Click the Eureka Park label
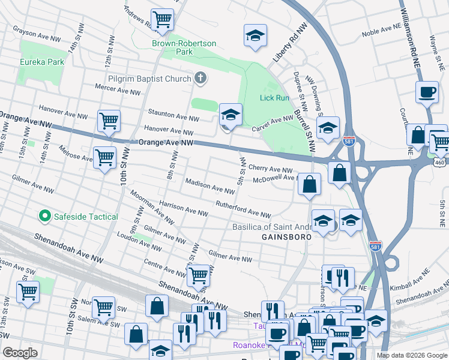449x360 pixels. click(x=41, y=62)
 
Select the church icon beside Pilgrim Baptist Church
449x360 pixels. click(x=200, y=78)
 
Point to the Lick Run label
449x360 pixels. click(x=274, y=97)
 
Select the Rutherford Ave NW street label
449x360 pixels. click(x=243, y=210)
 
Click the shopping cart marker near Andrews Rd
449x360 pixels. click(x=162, y=20)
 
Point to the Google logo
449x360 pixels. click(x=20, y=353)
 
